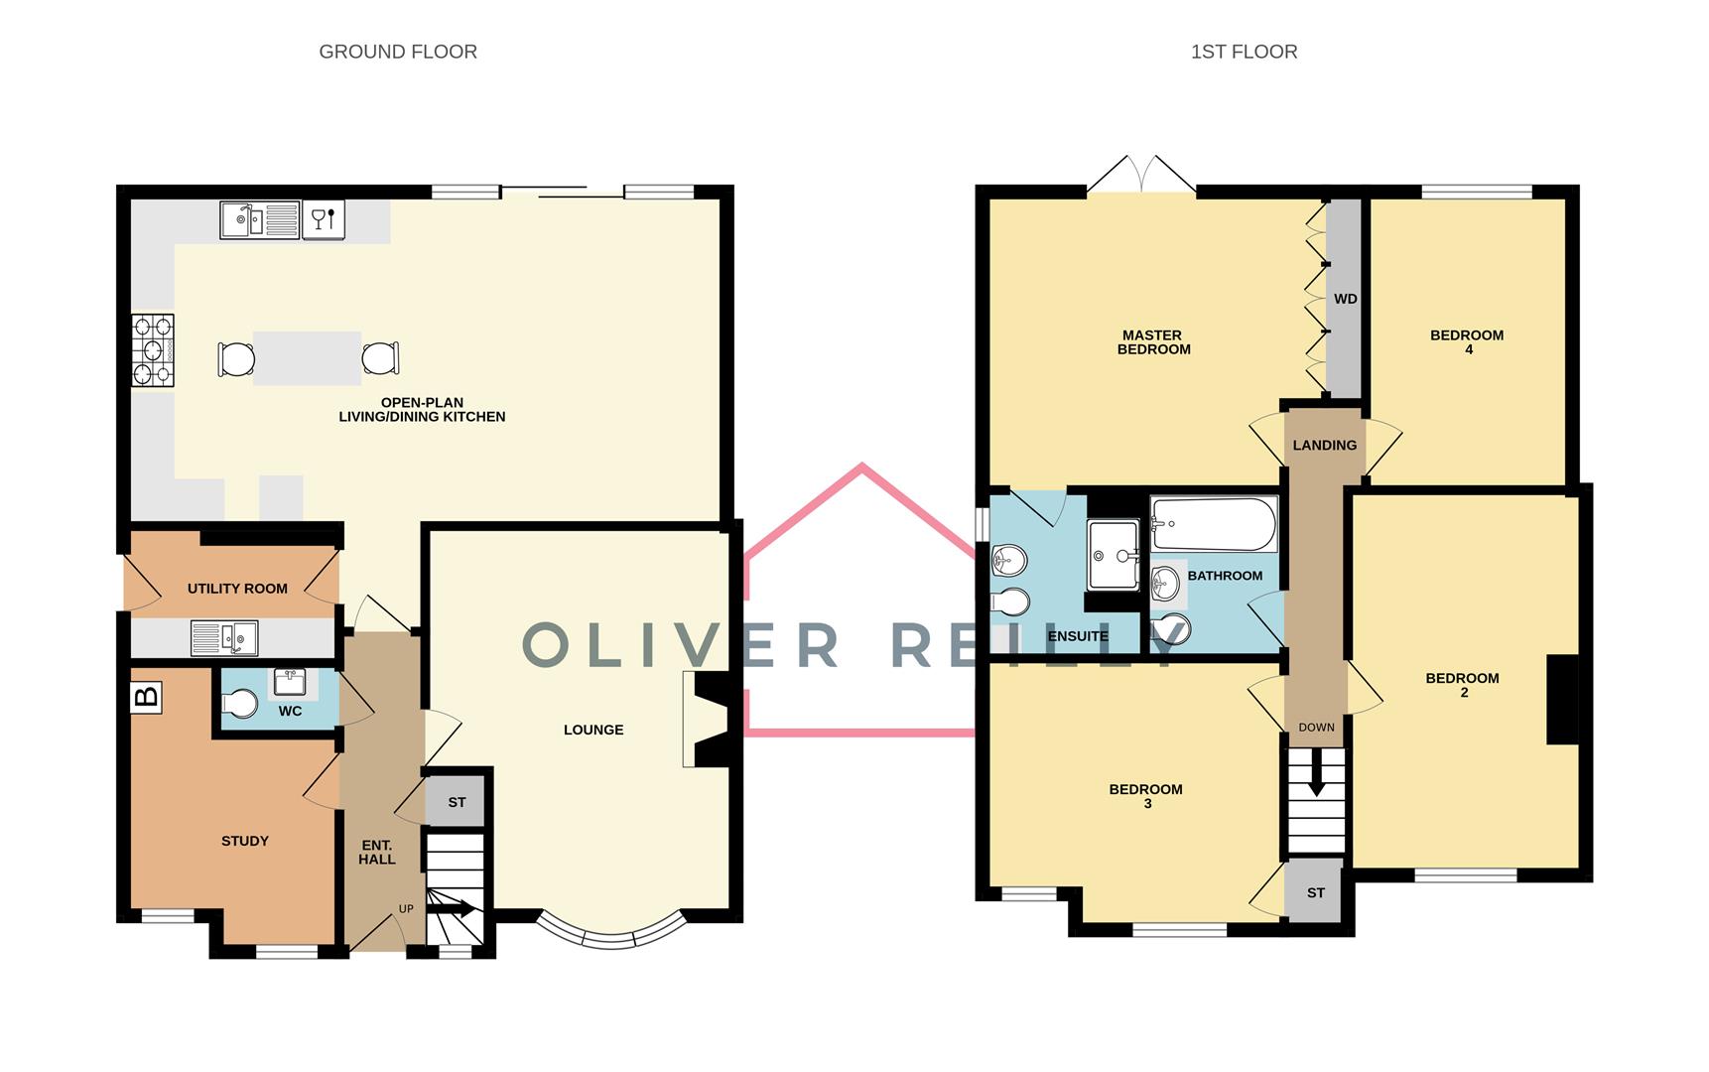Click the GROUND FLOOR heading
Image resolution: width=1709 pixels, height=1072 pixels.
398,52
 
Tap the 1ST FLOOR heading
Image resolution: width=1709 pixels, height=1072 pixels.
1244,52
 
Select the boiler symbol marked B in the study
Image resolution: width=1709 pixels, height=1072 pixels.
146,698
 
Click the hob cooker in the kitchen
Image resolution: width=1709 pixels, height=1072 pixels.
153,350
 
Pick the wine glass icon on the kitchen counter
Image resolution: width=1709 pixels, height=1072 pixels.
324,219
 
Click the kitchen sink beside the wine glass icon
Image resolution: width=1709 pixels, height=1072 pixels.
259,219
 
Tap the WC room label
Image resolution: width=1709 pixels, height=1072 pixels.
290,712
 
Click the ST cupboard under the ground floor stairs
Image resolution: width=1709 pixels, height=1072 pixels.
457,802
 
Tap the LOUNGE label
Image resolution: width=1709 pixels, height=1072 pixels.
593,730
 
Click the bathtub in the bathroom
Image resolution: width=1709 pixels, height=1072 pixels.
1214,524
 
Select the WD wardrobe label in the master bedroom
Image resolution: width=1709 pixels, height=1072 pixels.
1345,299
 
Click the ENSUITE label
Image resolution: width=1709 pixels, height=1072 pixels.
1078,636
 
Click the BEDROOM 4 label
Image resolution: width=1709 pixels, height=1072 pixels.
1467,341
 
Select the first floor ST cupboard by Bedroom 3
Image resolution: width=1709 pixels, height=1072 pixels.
1315,892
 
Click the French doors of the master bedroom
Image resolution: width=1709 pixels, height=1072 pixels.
1141,176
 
